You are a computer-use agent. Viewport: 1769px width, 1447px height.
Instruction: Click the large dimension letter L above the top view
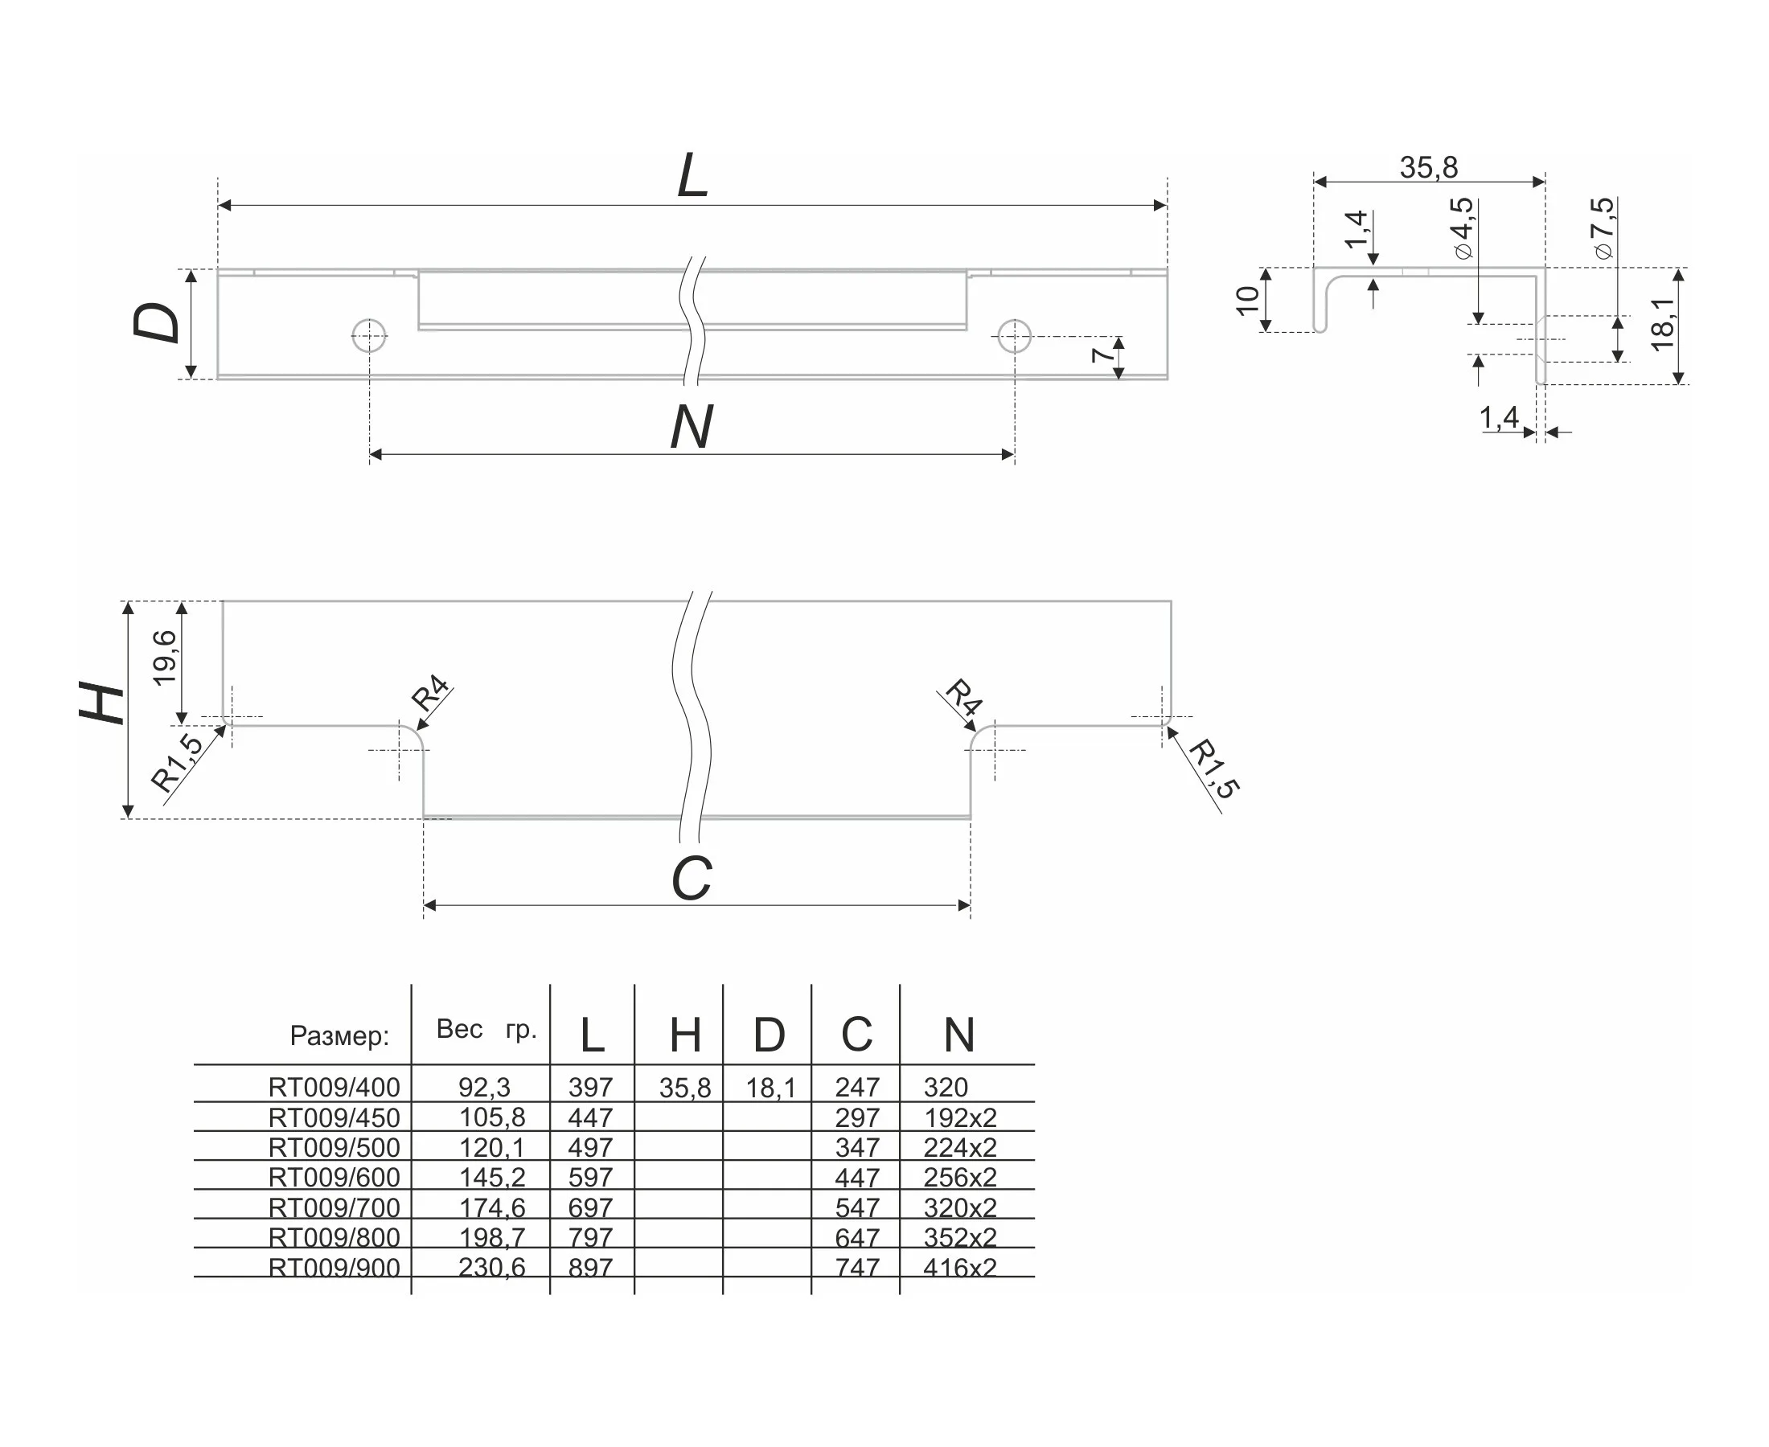(692, 177)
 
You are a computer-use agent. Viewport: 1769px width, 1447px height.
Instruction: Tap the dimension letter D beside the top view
(157, 322)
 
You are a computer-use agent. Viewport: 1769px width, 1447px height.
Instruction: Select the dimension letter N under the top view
(691, 428)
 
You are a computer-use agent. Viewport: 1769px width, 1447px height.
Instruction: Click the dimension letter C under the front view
(691, 879)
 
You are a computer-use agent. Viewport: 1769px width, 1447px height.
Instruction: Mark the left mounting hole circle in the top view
(369, 336)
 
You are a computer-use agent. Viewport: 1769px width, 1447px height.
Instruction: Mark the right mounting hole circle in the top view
(1014, 336)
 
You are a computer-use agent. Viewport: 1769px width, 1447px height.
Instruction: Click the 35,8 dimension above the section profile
(1428, 167)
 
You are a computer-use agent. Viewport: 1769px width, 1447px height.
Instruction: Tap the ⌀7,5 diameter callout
(1603, 228)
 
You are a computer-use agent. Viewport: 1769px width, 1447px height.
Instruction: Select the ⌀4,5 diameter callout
(1461, 228)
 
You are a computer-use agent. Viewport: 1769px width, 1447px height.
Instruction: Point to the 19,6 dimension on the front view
(165, 658)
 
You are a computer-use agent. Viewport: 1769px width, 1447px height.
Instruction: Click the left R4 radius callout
(431, 694)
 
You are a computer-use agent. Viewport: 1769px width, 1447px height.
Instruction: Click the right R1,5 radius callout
(1213, 769)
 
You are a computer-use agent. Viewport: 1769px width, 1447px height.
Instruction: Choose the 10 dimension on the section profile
(1247, 300)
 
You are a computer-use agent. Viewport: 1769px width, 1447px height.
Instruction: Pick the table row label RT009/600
(335, 1177)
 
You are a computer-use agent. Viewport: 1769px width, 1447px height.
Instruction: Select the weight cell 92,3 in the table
(484, 1087)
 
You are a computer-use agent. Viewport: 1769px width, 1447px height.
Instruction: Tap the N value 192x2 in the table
(959, 1117)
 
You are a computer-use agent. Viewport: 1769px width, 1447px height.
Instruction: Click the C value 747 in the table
(857, 1267)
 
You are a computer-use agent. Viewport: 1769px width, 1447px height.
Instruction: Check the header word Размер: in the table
(339, 1035)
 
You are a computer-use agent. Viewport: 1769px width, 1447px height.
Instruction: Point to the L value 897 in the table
(590, 1267)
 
